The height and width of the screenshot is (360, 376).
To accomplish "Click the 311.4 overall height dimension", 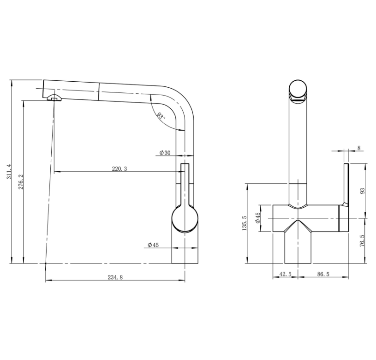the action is click(9, 171).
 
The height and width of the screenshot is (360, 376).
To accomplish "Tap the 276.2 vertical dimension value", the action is click(21, 182).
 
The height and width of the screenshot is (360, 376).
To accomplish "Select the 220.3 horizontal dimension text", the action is click(119, 169).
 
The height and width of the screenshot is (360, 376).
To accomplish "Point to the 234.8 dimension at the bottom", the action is click(115, 277).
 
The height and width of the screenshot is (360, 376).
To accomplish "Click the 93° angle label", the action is click(161, 116).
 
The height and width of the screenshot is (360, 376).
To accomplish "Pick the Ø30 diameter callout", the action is click(165, 152).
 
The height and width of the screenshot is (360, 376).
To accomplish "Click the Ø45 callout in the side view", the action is click(153, 245).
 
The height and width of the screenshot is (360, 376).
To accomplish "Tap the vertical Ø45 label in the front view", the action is click(258, 218).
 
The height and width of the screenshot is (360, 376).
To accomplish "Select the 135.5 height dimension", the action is click(245, 223).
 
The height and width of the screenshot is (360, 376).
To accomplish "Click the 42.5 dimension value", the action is click(286, 274).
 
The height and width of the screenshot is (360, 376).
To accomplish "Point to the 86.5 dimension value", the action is click(323, 274).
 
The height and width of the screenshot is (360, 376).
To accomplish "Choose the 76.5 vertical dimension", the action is click(362, 240).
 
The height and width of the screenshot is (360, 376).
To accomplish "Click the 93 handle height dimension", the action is click(362, 191).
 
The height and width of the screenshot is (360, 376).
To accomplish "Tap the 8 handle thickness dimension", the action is click(359, 148).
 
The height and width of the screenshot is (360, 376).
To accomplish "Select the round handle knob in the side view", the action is click(185, 219).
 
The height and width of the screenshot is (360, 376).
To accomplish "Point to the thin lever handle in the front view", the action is click(346, 185).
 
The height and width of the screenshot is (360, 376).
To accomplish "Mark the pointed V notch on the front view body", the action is click(298, 226).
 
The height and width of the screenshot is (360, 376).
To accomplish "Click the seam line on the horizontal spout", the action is click(99, 91).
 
